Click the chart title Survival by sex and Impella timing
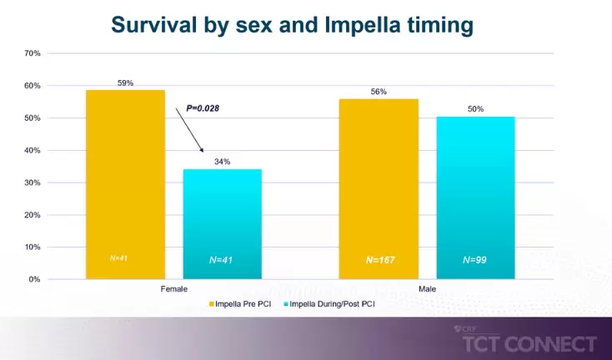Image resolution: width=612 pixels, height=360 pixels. coord(292,25)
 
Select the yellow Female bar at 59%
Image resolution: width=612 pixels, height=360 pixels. coord(126,183)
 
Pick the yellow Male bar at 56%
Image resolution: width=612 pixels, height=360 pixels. coord(379,188)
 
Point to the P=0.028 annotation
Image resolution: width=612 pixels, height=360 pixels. coord(203,108)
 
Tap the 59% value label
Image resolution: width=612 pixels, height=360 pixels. coord(125,83)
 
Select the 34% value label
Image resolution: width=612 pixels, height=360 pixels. coord(222,162)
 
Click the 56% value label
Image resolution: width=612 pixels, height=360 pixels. coord(379,92)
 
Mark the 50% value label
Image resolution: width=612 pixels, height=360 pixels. coord(475,109)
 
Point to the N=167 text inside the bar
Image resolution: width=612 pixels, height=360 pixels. coord(379,260)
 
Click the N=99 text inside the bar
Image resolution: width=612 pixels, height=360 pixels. coord(475,260)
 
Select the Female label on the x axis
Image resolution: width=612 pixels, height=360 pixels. coord(173,288)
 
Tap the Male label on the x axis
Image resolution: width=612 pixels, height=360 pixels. coord(427,288)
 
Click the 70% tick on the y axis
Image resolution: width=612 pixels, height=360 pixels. coord(33,53)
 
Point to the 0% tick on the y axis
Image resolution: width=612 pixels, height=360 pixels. coord(35,279)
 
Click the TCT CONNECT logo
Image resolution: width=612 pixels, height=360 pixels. coord(529,343)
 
